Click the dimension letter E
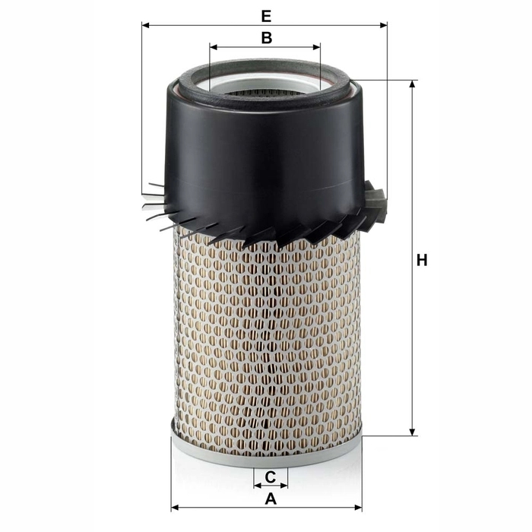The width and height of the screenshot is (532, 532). tap(264, 15)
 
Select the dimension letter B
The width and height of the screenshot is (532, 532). tap(265, 37)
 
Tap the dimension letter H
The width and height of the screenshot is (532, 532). tap(422, 261)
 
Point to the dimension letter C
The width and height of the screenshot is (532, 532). tap(270, 477)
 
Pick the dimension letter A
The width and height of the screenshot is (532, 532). tap(269, 499)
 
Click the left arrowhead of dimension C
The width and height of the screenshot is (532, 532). tap(257, 484)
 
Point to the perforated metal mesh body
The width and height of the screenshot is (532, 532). tap(266, 334)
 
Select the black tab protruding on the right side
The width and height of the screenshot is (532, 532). tap(375, 201)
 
